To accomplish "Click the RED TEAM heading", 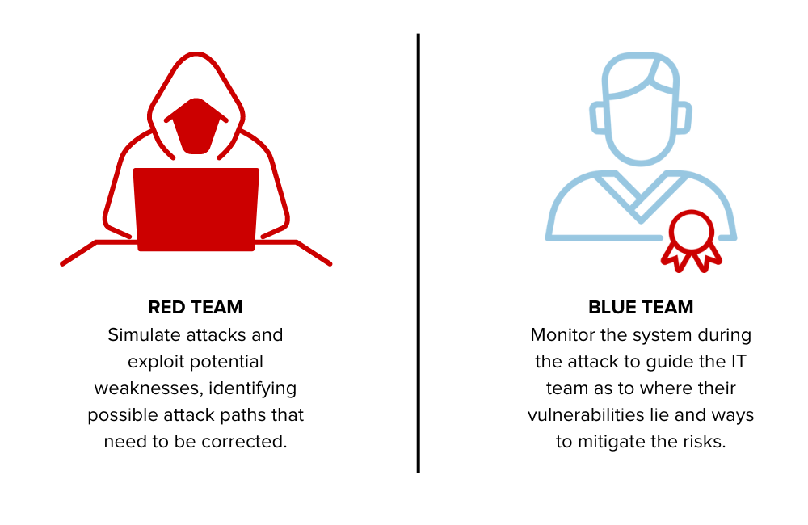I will coord(196,308).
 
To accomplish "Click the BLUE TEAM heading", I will coord(641,308).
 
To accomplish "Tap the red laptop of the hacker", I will coord(196,209).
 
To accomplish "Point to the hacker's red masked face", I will coord(196,125).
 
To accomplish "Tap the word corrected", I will coord(251,442).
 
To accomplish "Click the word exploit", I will coord(155,362).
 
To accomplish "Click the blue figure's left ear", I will coord(599,118).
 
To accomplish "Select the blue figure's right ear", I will coord(683,118).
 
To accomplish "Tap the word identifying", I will coord(253,388).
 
